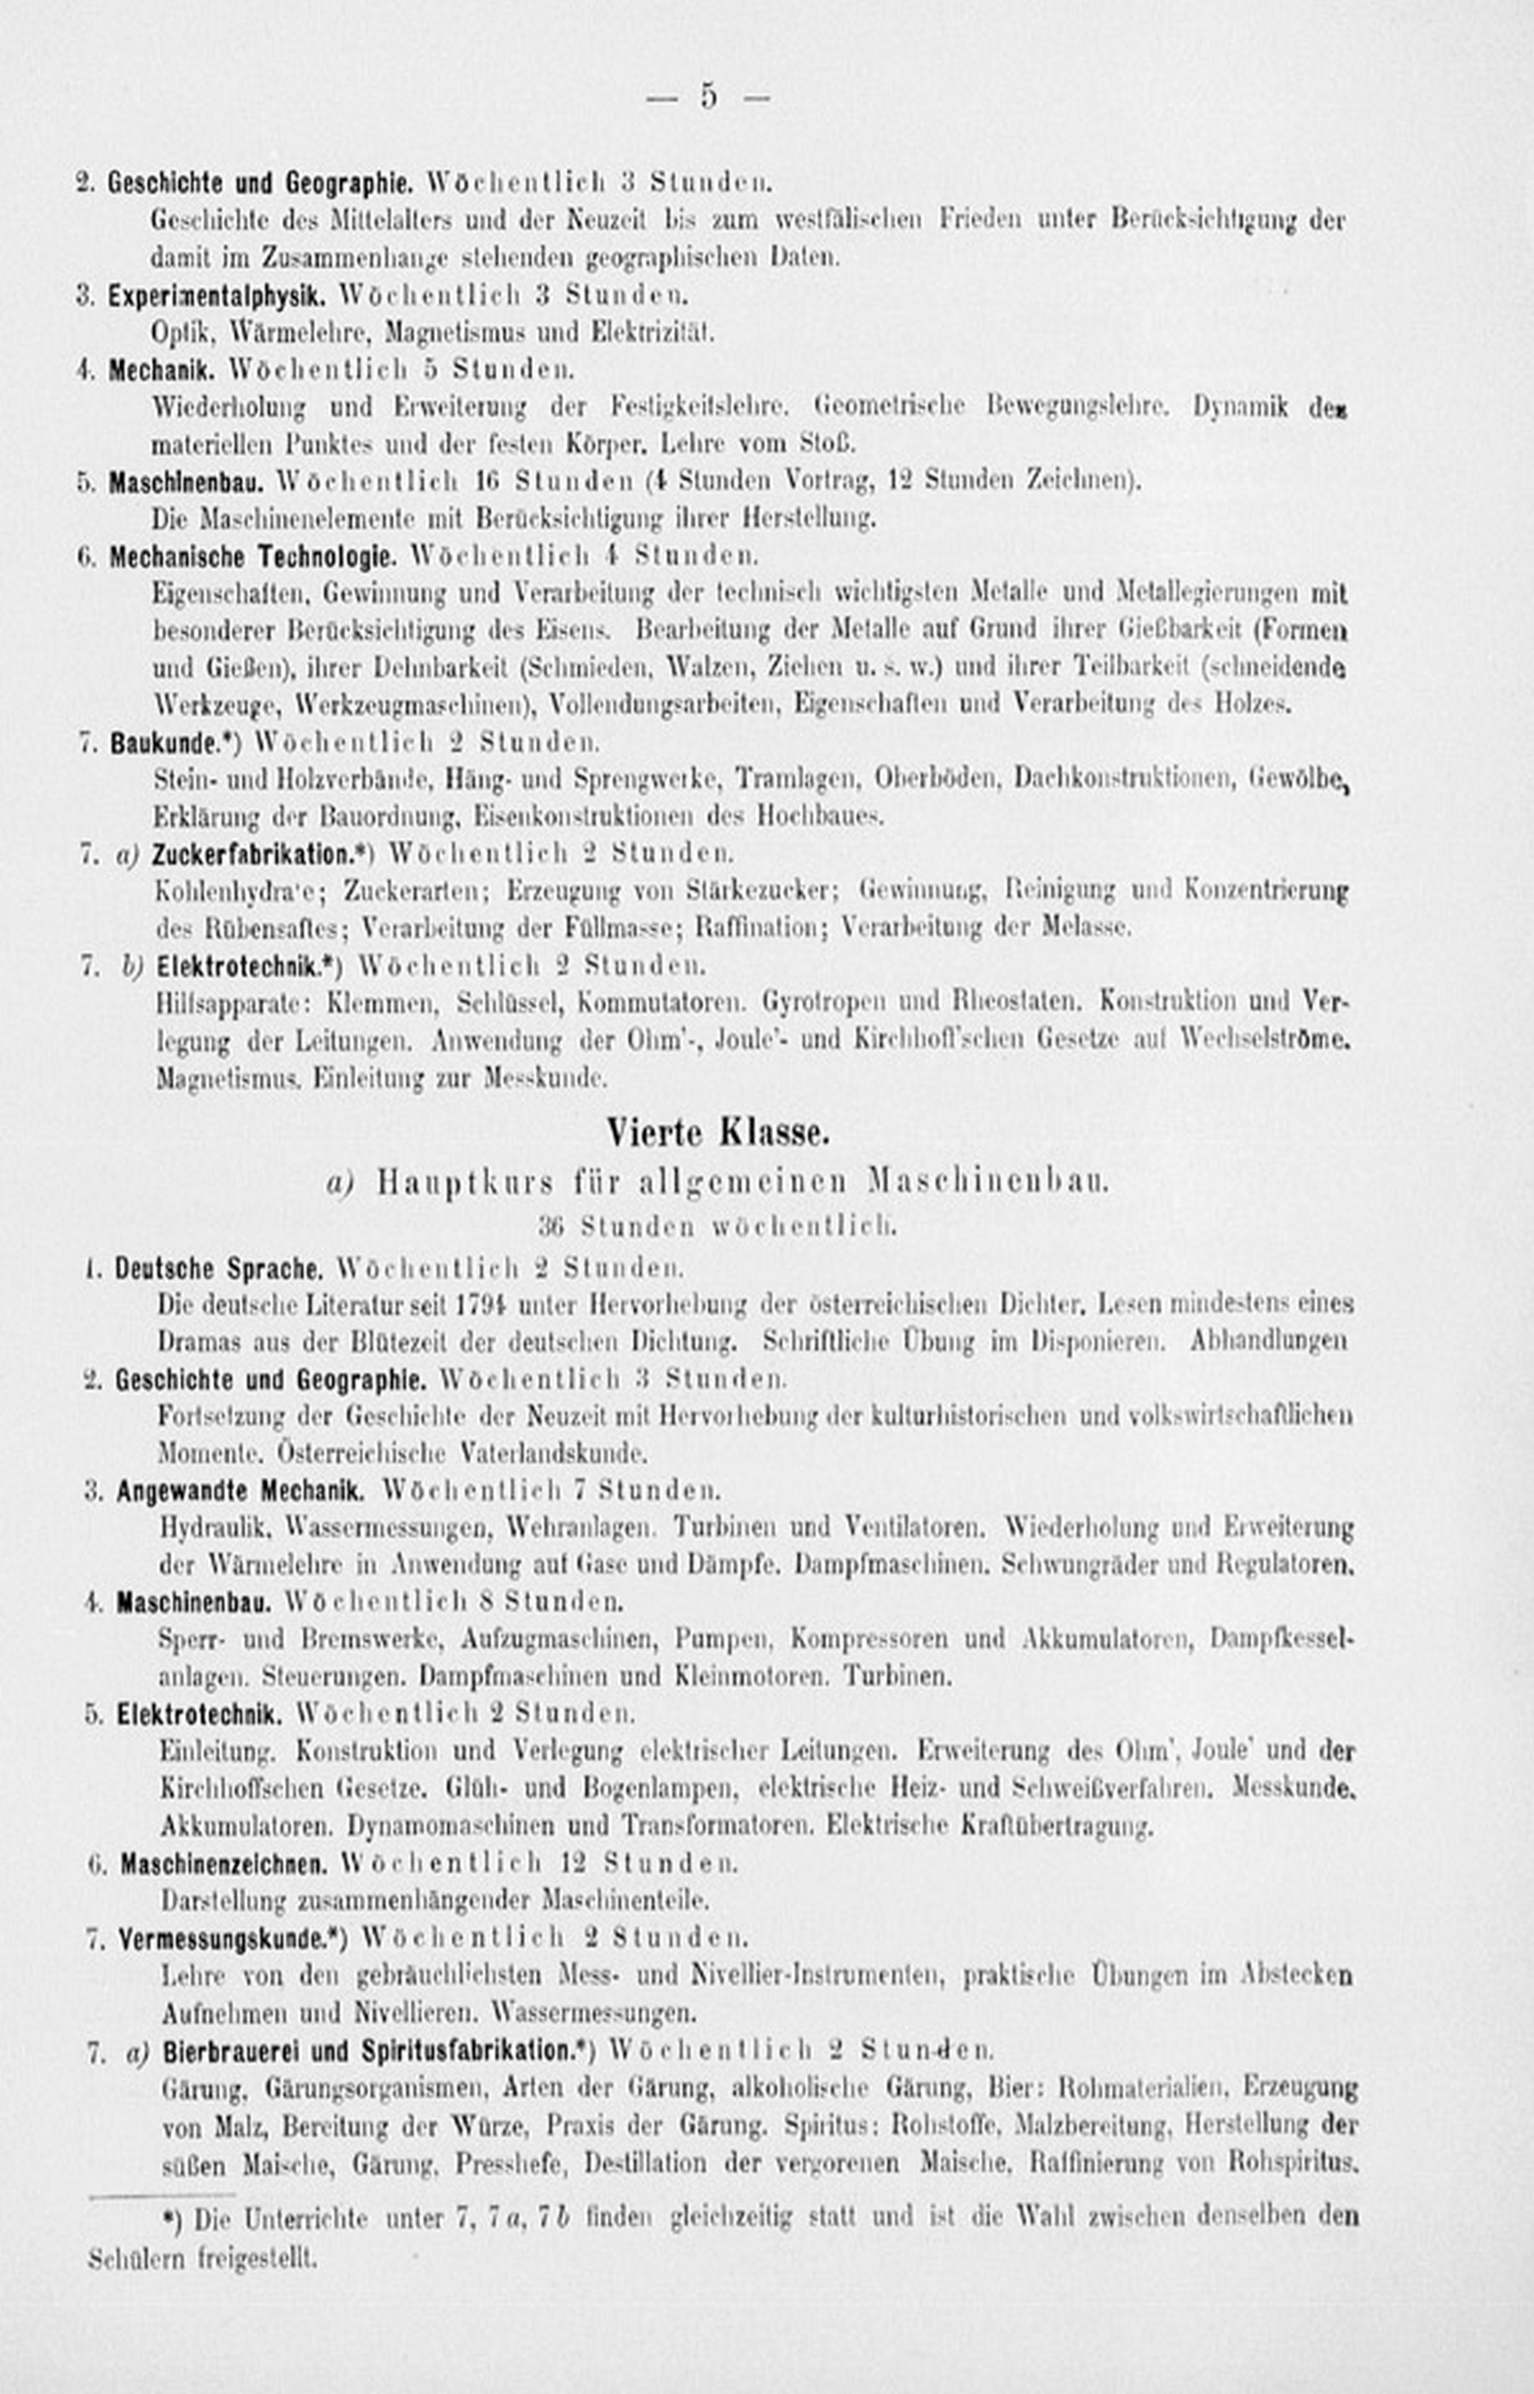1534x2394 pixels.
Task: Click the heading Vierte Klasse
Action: click(718, 1133)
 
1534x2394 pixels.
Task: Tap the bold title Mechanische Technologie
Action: click(252, 556)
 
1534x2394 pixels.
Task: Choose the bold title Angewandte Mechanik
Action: click(240, 1491)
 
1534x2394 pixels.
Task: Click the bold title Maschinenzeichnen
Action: click(224, 1864)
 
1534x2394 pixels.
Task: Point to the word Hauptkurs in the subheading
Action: click(465, 1183)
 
